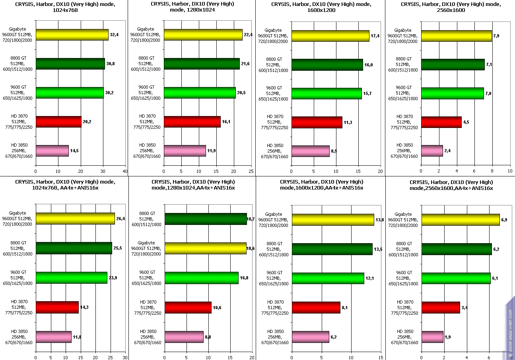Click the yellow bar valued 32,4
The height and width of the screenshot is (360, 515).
click(72, 35)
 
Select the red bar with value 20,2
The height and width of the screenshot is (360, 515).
click(58, 122)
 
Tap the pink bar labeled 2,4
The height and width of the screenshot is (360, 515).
click(432, 151)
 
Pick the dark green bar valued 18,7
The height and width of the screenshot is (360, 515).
click(206, 219)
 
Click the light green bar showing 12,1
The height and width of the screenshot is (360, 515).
click(328, 278)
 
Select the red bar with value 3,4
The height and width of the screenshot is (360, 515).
click(441, 308)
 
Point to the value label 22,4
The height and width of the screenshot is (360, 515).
click(248, 35)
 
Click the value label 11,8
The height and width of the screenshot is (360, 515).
click(77, 337)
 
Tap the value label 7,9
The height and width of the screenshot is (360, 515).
click(497, 36)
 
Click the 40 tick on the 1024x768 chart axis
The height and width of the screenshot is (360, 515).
click(125, 171)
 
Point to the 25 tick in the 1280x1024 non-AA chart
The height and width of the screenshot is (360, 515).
click(251, 171)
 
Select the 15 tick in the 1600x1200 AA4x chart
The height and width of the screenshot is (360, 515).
click(381, 357)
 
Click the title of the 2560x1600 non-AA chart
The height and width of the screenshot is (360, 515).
click(450, 7)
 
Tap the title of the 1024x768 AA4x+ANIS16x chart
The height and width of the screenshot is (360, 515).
click(65, 185)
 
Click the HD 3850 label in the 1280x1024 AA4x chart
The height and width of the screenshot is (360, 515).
click(148, 337)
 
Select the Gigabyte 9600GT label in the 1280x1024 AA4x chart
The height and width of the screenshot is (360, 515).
click(146, 248)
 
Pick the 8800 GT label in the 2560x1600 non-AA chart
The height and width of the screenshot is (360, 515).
click(404, 64)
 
